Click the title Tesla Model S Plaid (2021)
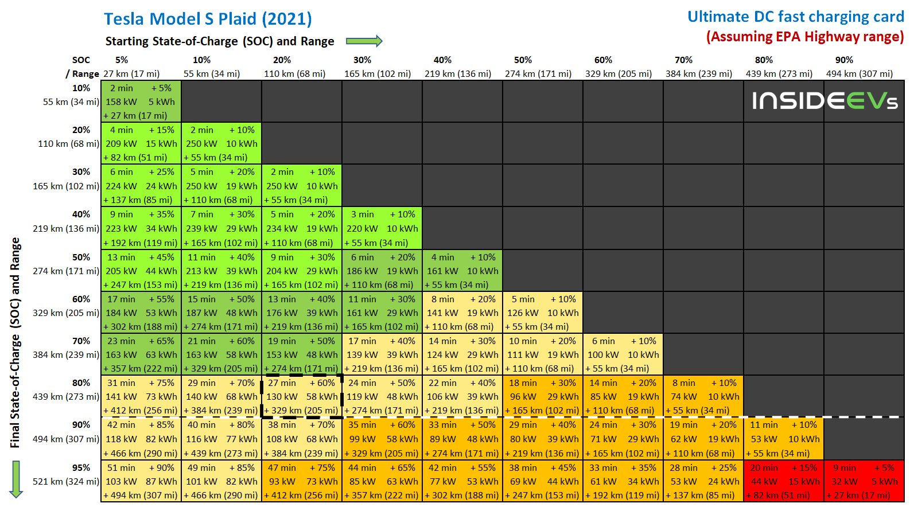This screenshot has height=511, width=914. tap(208, 19)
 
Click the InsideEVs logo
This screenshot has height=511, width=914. tap(824, 101)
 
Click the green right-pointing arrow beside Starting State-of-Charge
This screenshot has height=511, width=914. tap(364, 41)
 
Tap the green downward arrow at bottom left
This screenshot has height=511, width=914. tap(16, 479)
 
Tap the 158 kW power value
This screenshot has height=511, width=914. tap(121, 102)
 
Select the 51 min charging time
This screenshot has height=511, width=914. tap(120, 467)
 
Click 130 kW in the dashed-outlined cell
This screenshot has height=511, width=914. tap(282, 396)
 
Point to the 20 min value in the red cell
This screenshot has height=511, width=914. tap(764, 467)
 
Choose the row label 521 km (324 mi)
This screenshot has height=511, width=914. tap(65, 481)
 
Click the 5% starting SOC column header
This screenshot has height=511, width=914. tap(122, 60)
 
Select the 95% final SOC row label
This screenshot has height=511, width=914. tap(81, 467)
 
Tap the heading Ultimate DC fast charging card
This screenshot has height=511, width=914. tap(795, 17)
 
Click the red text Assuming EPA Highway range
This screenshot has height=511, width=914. tap(805, 37)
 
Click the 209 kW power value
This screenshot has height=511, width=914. tap(121, 143)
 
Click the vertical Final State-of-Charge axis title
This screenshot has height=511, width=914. tap(15, 342)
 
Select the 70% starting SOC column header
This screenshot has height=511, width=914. tap(683, 60)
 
